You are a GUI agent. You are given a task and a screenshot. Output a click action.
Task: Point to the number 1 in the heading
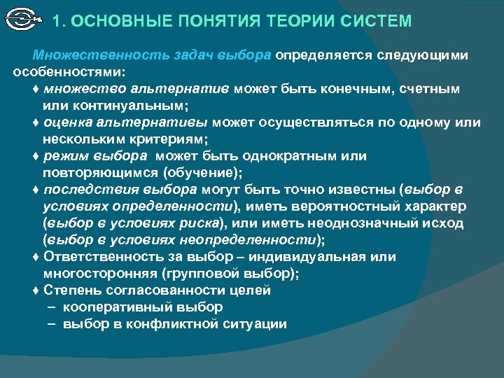(x=57, y=21)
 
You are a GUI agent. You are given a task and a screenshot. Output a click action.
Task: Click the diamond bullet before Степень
(x=36, y=290)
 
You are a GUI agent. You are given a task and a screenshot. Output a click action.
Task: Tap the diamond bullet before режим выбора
(x=36, y=156)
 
